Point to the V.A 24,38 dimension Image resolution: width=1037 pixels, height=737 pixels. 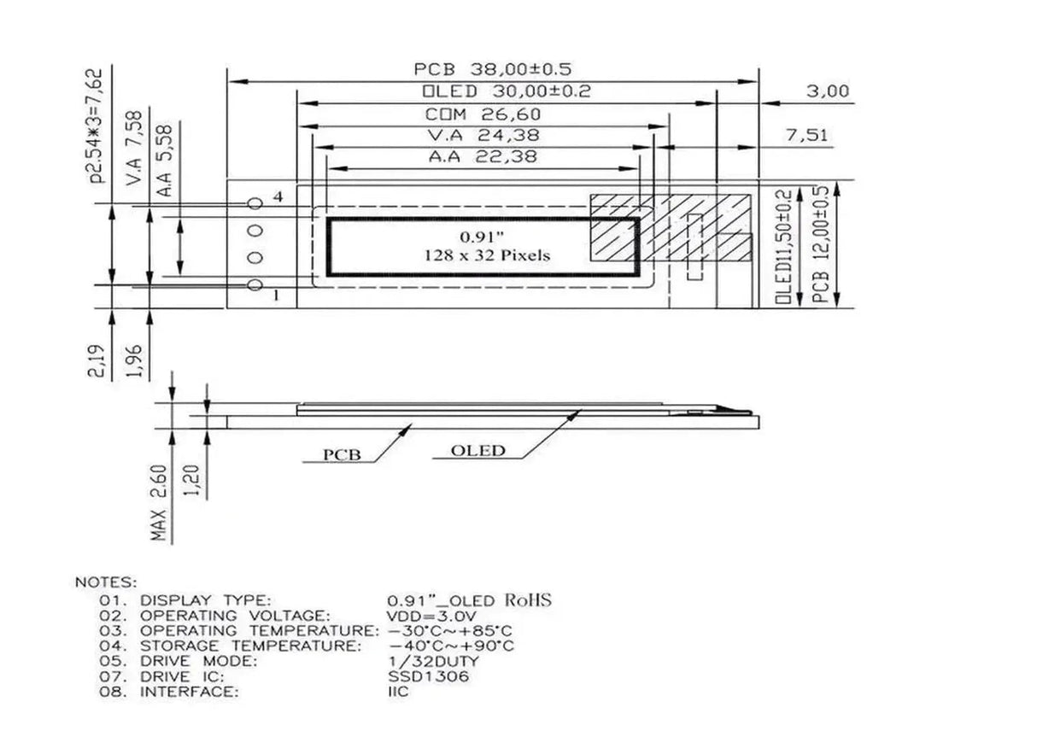point(483,136)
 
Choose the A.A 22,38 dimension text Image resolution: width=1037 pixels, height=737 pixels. point(483,156)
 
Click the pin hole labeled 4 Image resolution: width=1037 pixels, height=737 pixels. point(254,203)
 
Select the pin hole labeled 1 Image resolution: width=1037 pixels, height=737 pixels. point(254,285)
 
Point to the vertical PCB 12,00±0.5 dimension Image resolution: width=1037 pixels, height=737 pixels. point(822,245)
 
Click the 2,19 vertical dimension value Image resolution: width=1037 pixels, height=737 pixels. point(100,360)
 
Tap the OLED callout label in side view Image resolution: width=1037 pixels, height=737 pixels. point(477,451)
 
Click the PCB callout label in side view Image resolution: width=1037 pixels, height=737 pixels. point(342,454)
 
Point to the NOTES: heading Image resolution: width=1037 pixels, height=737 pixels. point(105,582)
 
